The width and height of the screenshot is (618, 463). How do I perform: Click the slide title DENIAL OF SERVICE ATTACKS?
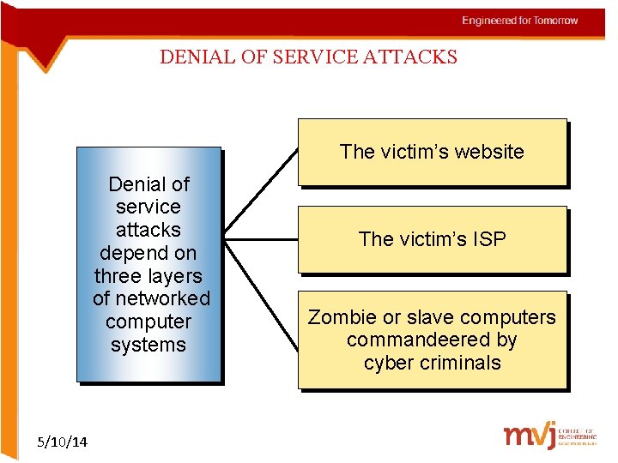click(308, 57)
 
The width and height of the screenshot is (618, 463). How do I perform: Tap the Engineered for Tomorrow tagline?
click(519, 21)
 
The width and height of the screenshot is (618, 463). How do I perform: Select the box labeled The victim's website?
click(432, 152)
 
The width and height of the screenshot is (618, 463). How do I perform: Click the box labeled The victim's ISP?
click(432, 239)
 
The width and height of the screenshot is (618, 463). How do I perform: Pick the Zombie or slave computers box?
click(432, 340)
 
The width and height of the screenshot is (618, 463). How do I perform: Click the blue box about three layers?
click(149, 264)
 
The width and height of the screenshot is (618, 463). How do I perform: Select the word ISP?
click(487, 239)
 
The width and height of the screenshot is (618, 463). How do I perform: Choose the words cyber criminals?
click(432, 363)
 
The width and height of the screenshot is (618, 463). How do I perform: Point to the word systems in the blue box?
click(148, 345)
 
